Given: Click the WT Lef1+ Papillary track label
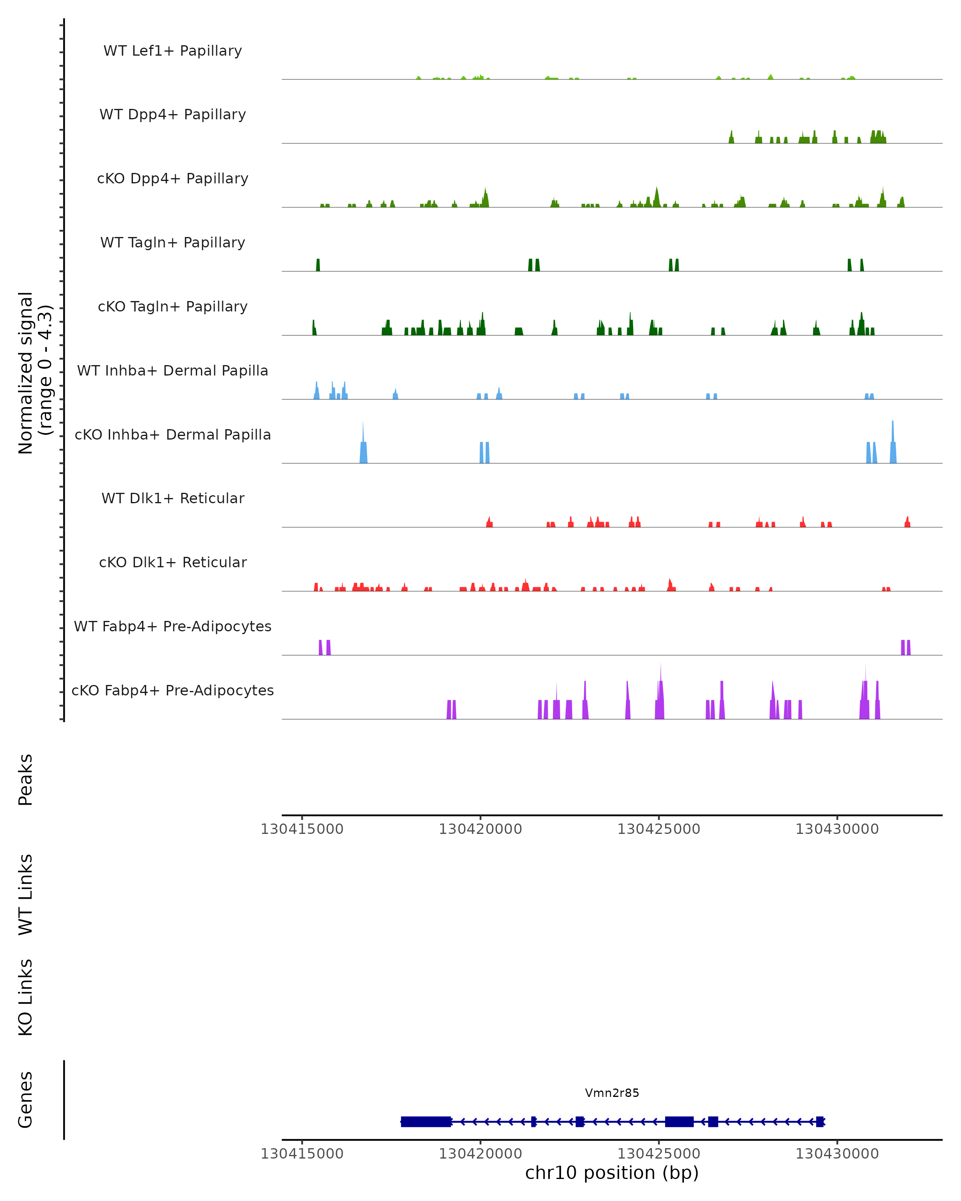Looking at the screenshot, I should click(173, 51).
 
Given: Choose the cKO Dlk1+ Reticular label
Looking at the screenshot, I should click(173, 562).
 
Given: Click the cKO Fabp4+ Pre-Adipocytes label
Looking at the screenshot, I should click(173, 690).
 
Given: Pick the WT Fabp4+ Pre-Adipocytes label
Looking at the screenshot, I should click(173, 626).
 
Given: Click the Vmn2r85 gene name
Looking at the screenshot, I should click(612, 1093).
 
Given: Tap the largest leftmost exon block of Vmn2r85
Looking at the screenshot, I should click(426, 1121).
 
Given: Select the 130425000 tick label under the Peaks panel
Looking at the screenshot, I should click(659, 829).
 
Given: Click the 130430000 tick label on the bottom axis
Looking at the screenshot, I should click(837, 1154).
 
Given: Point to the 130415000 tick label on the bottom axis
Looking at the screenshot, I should click(302, 1154).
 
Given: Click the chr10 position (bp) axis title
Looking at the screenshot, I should click(612, 1173).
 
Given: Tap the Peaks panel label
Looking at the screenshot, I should click(26, 780).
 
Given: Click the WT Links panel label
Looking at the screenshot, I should click(26, 895).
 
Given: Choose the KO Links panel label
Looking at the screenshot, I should click(26, 997).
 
